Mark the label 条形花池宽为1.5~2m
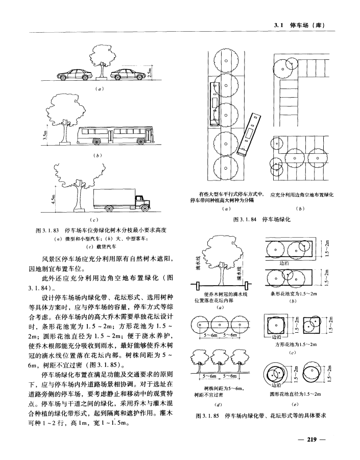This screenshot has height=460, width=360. point(294,294)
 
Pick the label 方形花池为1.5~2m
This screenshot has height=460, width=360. point(294,345)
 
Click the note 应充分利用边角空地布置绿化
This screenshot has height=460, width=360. point(301,195)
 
